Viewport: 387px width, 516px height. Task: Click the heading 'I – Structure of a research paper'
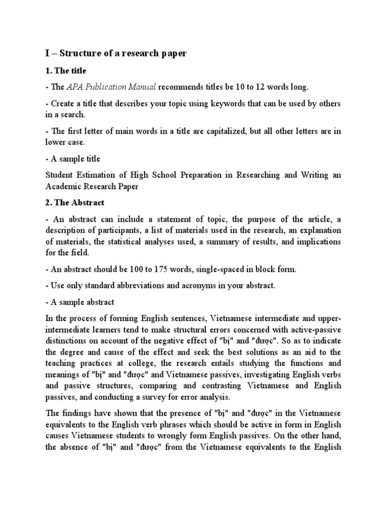click(116, 53)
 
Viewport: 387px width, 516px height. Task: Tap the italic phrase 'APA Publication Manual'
click(111, 87)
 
